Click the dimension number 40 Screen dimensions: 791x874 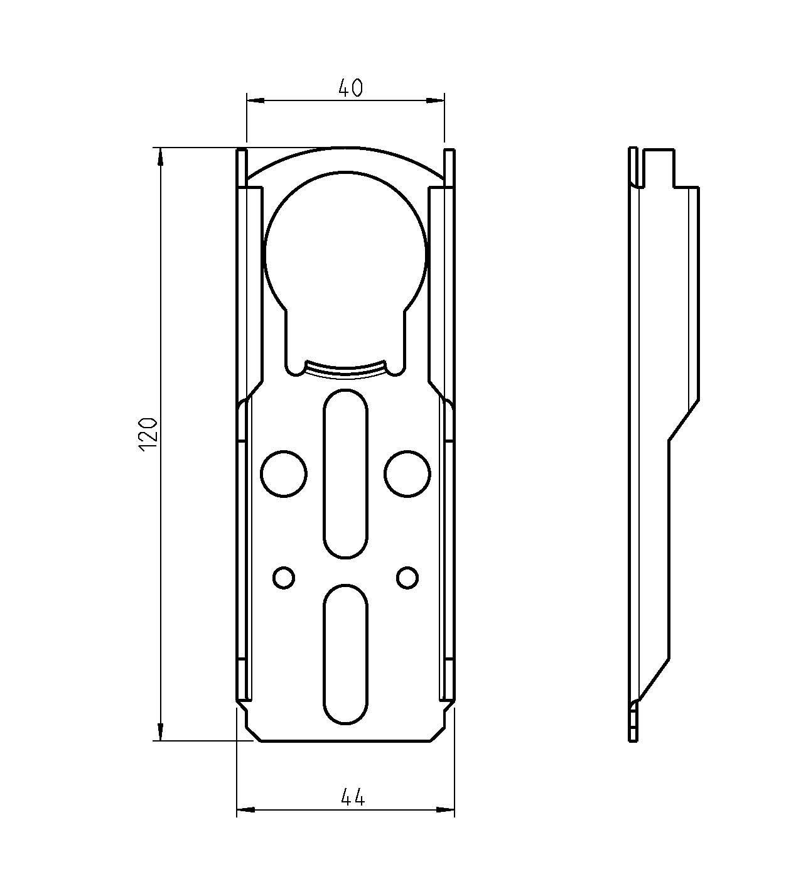(350, 89)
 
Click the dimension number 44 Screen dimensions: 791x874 (353, 798)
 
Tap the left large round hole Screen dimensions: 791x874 (284, 474)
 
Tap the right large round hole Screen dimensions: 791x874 (407, 474)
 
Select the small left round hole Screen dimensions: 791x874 (284, 578)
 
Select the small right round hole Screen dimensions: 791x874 (407, 578)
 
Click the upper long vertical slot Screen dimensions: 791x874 (346, 473)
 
